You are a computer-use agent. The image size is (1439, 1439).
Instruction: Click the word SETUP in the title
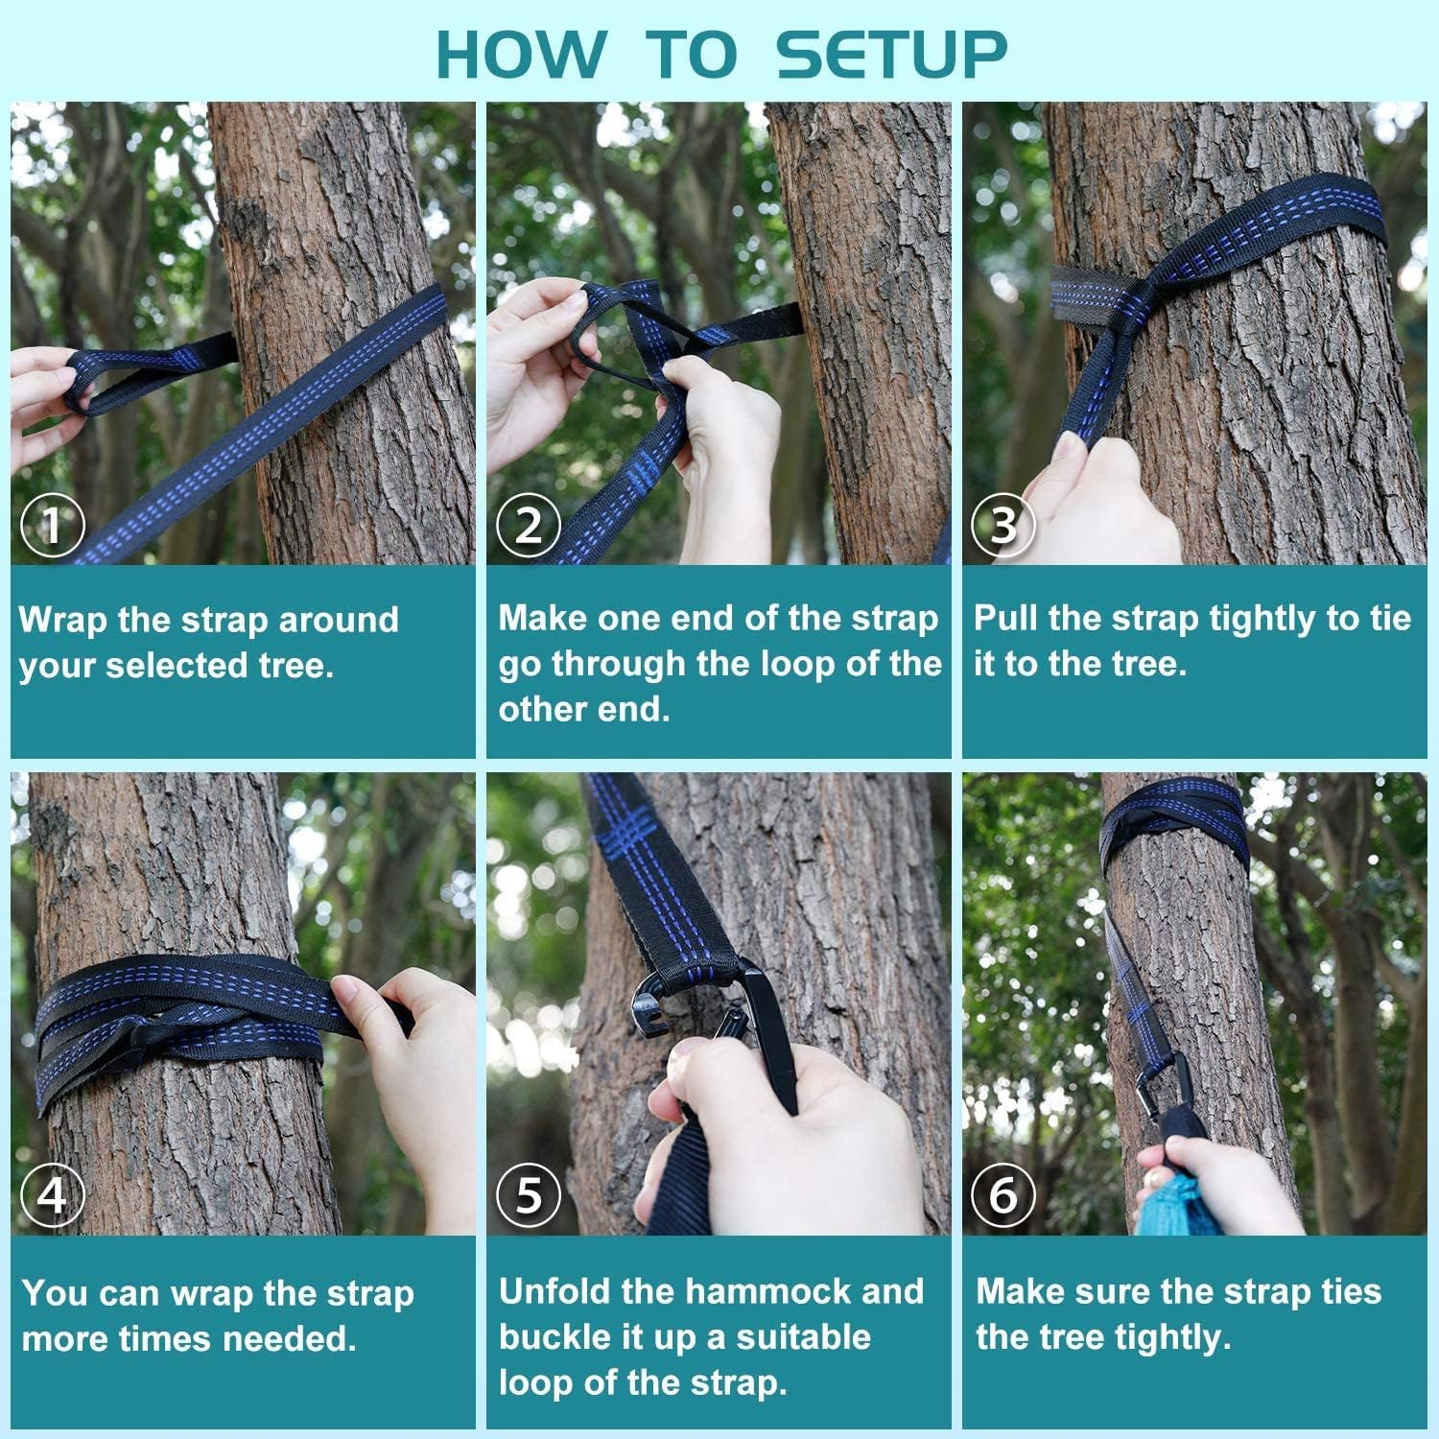pos(891,55)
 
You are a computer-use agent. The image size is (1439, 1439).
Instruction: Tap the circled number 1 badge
pos(53,525)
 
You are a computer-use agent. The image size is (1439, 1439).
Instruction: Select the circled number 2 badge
pos(529,525)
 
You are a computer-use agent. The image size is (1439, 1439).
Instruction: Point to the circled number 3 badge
pos(1003,525)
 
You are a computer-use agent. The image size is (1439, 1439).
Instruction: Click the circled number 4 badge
pos(53,1195)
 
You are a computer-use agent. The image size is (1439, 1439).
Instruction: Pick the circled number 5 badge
pos(529,1195)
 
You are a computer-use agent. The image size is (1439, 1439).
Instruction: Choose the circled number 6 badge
pos(1003,1195)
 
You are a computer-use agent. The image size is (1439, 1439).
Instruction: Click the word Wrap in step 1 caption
pos(62,621)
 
